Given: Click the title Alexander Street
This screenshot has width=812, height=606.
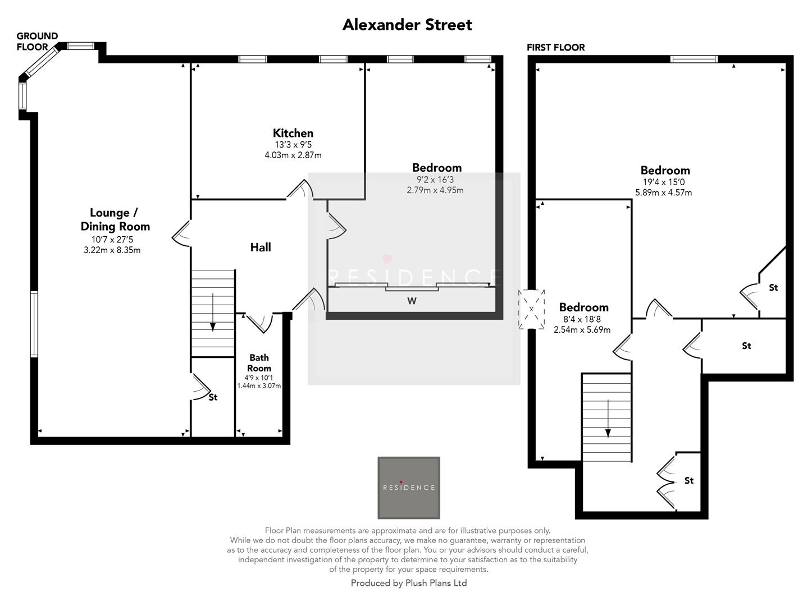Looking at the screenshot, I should tap(407, 25).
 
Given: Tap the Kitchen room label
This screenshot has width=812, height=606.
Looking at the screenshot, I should tap(293, 133).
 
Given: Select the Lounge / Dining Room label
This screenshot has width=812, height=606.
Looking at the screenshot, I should tap(115, 219).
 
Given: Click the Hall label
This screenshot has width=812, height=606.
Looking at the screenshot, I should tap(261, 247).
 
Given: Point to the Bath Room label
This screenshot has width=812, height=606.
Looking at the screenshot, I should tap(259, 362).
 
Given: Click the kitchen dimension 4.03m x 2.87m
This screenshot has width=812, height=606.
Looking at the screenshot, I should tap(293, 155).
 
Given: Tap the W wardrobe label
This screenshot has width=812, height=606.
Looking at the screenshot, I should tap(412, 301).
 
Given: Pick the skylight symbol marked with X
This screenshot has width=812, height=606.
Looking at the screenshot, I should tap(531, 309).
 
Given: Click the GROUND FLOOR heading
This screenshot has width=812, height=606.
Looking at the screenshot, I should tap(37, 42).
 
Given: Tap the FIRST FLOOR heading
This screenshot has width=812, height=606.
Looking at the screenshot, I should tap(555, 48).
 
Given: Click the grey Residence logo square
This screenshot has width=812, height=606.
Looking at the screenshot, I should tap(408, 487).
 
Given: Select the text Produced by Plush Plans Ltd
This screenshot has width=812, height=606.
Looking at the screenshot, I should tap(408, 583).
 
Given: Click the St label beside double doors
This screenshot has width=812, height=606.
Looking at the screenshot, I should tap(689, 481).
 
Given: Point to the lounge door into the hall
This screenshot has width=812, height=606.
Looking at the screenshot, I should tap(181, 233).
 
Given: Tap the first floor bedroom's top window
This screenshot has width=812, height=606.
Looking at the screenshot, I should tap(694, 59).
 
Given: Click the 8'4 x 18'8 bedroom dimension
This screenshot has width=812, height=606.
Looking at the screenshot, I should tap(583, 319).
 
